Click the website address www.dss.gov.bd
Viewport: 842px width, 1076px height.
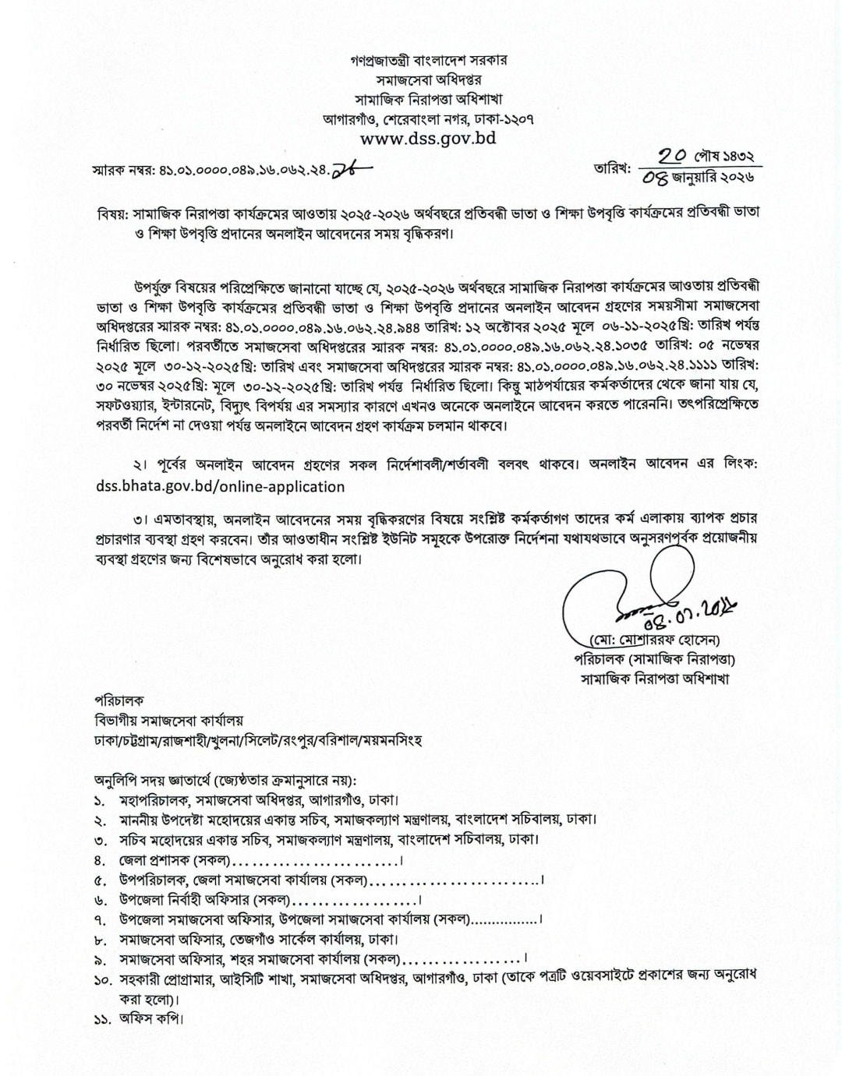pyautogui.click(x=428, y=139)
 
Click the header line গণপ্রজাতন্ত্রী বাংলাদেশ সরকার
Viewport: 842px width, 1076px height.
pyautogui.click(x=428, y=60)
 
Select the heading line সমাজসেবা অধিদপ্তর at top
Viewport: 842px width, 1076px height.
pyautogui.click(x=428, y=79)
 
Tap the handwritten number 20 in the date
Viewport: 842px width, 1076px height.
pyautogui.click(x=673, y=156)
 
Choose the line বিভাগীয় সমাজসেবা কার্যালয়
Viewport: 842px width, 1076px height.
pyautogui.click(x=168, y=721)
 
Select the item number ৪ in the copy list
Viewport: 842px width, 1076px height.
pyautogui.click(x=99, y=861)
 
